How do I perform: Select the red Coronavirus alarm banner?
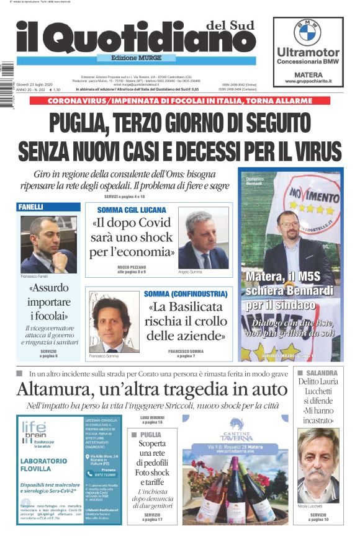pyautogui.click(x=180, y=100)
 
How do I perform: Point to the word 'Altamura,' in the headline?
pyautogui.click(x=58, y=389)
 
